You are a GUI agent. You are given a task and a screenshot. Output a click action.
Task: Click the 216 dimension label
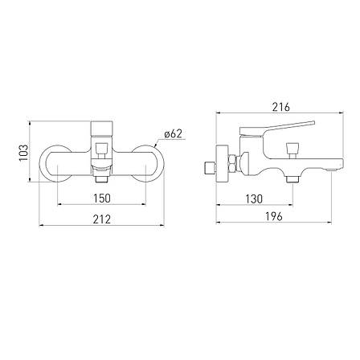pyautogui.click(x=281, y=107)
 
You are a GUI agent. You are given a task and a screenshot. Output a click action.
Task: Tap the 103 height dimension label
pyautogui.click(x=24, y=153)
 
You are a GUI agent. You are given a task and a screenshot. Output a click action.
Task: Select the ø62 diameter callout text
pyautogui.click(x=174, y=133)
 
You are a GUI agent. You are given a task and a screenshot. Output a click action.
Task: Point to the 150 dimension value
pyautogui.click(x=102, y=198)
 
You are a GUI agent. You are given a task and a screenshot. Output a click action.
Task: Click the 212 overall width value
pyautogui.click(x=102, y=219)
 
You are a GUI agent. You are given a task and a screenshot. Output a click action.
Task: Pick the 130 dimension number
pyautogui.click(x=254, y=198)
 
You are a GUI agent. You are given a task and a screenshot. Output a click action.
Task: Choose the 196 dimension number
pyautogui.click(x=274, y=216)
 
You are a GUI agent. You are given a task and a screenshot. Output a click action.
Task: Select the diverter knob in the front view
pyautogui.click(x=101, y=150)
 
